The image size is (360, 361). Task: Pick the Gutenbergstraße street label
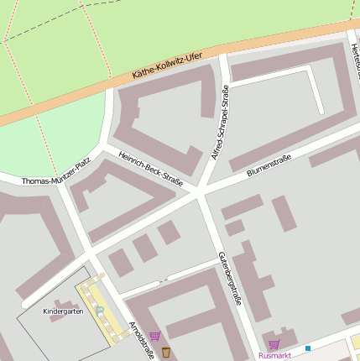click(x=228, y=277)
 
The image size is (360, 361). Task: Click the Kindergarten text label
click(x=63, y=311)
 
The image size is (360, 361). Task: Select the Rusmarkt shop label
click(x=274, y=355)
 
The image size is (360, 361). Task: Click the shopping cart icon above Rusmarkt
click(x=274, y=344)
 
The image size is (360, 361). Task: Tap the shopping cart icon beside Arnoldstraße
click(x=154, y=336)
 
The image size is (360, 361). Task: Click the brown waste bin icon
click(x=166, y=351)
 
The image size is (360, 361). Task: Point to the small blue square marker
click(x=308, y=348)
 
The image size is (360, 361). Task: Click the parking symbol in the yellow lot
click(x=100, y=311)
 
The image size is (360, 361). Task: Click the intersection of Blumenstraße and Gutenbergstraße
click(x=200, y=194)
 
